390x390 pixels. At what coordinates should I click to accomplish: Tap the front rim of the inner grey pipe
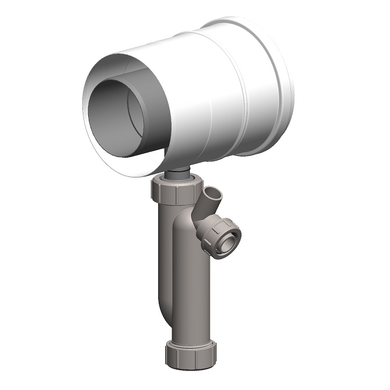tap(92, 108)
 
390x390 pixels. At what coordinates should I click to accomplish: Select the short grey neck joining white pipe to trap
tap(177, 173)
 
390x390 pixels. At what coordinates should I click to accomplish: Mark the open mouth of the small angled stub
tap(214, 193)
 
